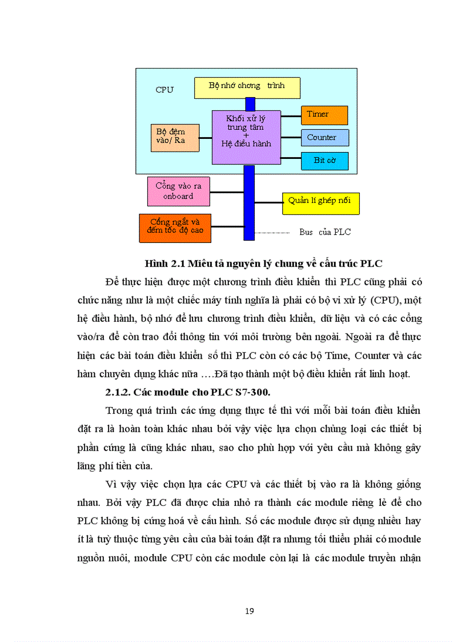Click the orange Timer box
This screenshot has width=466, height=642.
[x=324, y=115]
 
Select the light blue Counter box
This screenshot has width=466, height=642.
[x=325, y=138]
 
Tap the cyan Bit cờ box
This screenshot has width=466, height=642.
[x=324, y=161]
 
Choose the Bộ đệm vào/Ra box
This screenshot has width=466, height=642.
[x=175, y=138]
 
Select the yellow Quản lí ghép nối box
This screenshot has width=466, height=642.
[x=320, y=202]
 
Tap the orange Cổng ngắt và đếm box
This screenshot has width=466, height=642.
[x=175, y=228]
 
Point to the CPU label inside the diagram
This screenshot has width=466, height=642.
[x=164, y=90]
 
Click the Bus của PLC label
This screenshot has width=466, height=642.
[x=325, y=232]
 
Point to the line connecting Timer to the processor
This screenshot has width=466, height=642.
[x=291, y=116]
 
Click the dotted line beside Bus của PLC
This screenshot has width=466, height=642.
[x=272, y=233]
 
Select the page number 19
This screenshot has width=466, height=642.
[x=249, y=611]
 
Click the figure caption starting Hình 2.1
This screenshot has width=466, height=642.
[x=263, y=264]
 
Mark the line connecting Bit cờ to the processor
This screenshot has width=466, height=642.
[x=291, y=158]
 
